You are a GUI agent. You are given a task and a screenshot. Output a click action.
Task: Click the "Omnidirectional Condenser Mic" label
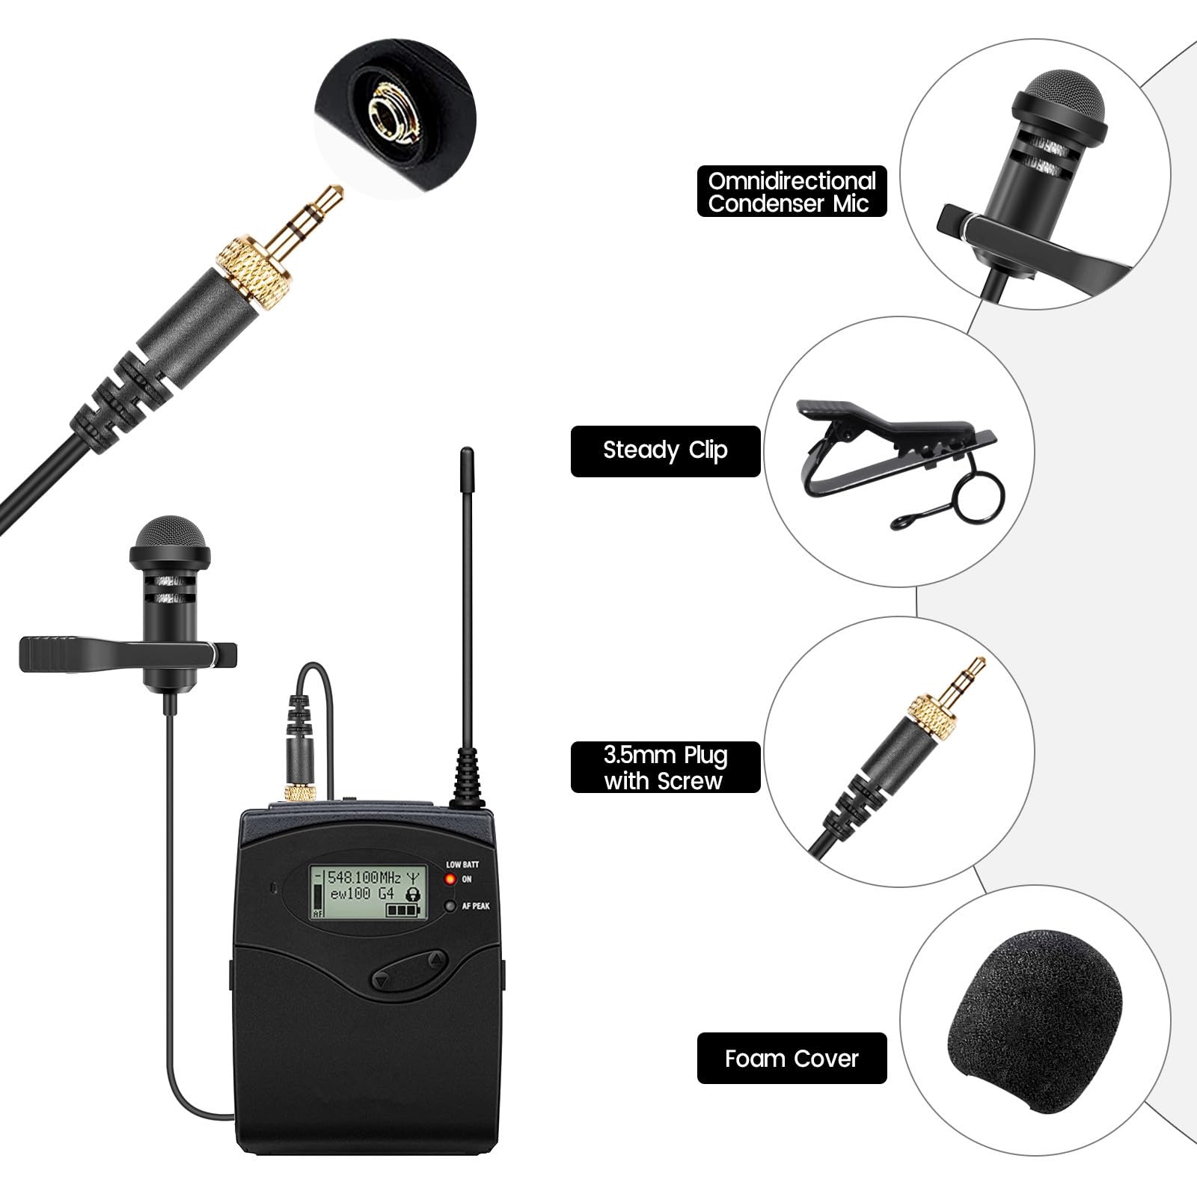pyautogui.click(x=792, y=192)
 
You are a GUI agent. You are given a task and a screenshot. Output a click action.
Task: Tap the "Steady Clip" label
pyautogui.click(x=665, y=451)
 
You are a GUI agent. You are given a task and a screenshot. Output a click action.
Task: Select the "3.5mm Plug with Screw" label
pyautogui.click(x=665, y=768)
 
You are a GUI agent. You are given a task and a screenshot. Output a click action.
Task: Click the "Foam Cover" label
pyautogui.click(x=792, y=1059)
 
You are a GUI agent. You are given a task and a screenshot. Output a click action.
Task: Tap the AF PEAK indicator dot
pyautogui.click(x=451, y=906)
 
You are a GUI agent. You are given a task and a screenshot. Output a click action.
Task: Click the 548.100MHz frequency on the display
pyautogui.click(x=366, y=877)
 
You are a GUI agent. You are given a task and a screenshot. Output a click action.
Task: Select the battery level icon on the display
pyautogui.click(x=405, y=910)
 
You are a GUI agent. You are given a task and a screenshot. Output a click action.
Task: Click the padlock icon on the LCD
pyautogui.click(x=412, y=893)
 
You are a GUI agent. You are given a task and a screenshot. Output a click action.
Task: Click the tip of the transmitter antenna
pyautogui.click(x=467, y=452)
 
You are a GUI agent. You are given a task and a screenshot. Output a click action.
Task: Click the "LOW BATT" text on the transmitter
pyautogui.click(x=462, y=865)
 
